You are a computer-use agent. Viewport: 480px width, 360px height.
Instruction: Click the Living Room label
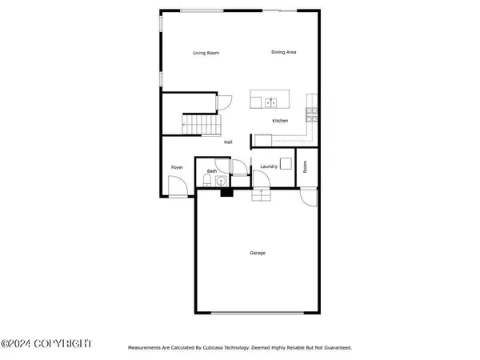pyautogui.click(x=206, y=54)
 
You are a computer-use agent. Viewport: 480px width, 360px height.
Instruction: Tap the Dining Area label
pyautogui.click(x=284, y=52)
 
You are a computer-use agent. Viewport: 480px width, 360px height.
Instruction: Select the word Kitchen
pyautogui.click(x=280, y=121)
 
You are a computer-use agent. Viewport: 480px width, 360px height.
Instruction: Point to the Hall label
pyautogui.click(x=228, y=142)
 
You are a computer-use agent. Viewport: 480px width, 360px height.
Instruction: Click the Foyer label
pyautogui.click(x=177, y=167)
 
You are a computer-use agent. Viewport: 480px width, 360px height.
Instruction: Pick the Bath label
pyautogui.click(x=212, y=171)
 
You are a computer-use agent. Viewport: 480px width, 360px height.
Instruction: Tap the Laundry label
pyautogui.click(x=268, y=166)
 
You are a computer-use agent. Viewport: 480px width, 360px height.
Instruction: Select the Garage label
pyautogui.click(x=258, y=253)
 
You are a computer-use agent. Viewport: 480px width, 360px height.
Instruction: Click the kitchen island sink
pyautogui.click(x=270, y=102)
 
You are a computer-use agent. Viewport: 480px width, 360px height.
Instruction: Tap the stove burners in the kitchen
pyautogui.click(x=311, y=119)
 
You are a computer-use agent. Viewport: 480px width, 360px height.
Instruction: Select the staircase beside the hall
pyautogui.click(x=200, y=125)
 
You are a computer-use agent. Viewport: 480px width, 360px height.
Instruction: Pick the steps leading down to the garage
pyautogui.click(x=259, y=195)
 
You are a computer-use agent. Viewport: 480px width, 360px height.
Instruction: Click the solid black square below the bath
pyautogui.click(x=226, y=191)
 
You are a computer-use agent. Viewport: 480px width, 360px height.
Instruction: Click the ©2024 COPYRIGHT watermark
pyautogui.click(x=46, y=343)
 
